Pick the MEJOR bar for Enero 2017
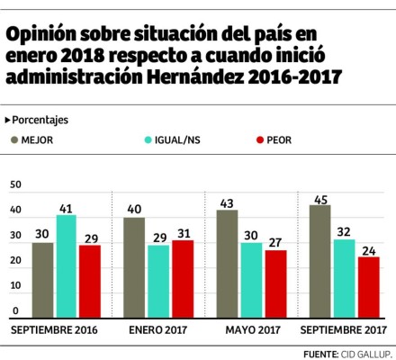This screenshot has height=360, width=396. (x=135, y=268)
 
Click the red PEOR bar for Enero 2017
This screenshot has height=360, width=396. (x=182, y=280)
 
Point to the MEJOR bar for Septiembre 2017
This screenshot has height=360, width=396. (x=320, y=262)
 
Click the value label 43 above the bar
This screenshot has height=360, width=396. (x=228, y=202)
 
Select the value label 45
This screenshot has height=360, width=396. (x=320, y=198)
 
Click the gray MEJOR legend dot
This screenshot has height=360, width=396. (x=15, y=139)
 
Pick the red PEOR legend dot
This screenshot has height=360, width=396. (x=261, y=139)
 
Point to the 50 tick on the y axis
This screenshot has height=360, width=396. (x=13, y=184)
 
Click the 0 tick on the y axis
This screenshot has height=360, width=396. (x=13, y=311)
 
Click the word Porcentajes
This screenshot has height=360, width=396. (x=41, y=120)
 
